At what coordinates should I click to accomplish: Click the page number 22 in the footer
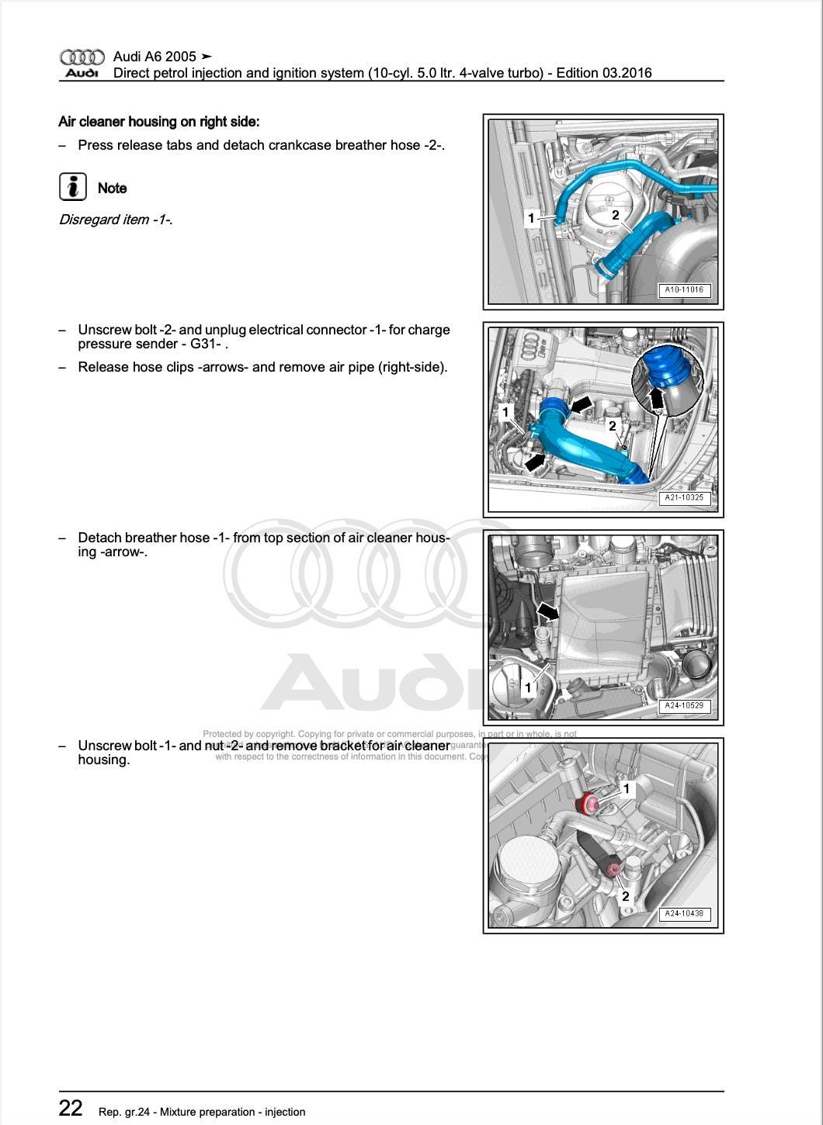pos(71,1108)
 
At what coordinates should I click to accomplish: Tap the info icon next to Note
pos(72,188)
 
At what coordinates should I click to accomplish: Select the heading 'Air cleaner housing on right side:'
pos(159,122)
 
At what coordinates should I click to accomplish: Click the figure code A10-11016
pos(684,290)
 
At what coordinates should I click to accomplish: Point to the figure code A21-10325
pos(684,498)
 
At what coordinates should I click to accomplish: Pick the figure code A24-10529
pos(684,706)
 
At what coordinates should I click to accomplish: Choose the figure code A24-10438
pos(684,914)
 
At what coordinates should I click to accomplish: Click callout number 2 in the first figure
pos(615,215)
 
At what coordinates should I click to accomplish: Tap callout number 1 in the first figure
pos(531,218)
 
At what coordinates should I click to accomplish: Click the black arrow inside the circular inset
pos(657,397)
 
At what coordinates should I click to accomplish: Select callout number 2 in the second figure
pos(612,426)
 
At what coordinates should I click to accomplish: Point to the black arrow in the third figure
pos(548,612)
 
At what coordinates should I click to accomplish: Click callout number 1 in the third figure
pos(529,687)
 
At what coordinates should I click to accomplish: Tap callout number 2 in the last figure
pos(625,896)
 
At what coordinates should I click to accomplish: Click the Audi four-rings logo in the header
pos(82,57)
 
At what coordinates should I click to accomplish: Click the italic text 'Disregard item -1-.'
pos(116,220)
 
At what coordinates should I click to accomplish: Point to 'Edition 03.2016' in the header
pos(604,73)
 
